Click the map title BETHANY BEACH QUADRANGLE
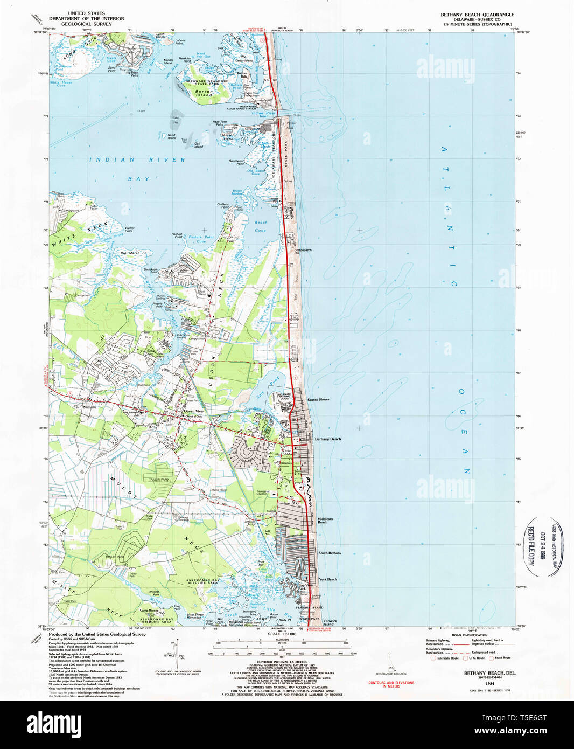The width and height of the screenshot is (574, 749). point(477,15)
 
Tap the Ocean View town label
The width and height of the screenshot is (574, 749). point(193,411)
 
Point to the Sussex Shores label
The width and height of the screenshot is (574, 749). point(318,399)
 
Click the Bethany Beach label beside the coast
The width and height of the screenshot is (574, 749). point(327,439)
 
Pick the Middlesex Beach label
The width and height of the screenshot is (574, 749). point(325,521)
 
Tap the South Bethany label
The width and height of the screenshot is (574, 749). point(330,553)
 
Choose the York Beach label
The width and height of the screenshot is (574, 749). point(327,579)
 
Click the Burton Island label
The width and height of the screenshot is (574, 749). point(204,93)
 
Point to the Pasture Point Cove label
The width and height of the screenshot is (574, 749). point(201,239)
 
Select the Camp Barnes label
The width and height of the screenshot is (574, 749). point(149,611)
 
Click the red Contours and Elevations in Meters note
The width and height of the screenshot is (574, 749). point(391,684)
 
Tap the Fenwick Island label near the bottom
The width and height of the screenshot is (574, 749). point(329,622)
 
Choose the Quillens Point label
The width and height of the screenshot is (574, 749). point(223,205)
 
